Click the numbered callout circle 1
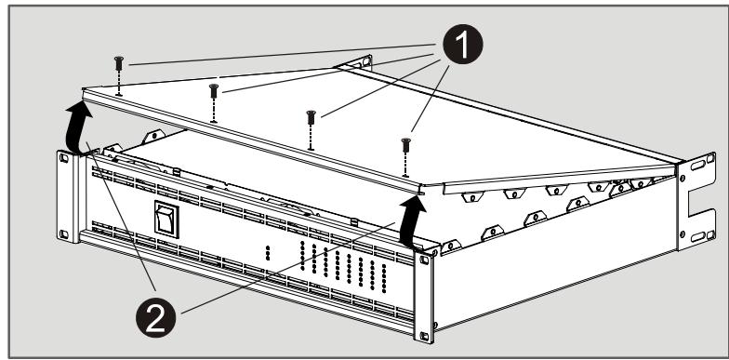tap(462, 44)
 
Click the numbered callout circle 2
tap(156, 318)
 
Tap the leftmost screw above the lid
tap(119, 63)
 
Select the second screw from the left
tap(214, 91)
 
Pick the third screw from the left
tap(311, 117)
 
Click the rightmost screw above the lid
tap(405, 145)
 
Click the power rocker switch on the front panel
tap(166, 220)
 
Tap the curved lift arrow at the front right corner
tap(411, 221)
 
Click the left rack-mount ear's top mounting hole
tap(63, 158)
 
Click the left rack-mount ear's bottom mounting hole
tap(63, 234)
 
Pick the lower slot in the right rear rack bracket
tap(697, 236)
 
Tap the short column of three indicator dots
tap(268, 253)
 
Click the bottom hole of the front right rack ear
tap(424, 335)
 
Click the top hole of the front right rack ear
tap(424, 260)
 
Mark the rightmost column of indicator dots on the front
tap(383, 278)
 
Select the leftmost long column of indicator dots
tap(302, 255)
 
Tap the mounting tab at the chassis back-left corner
tap(154, 136)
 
